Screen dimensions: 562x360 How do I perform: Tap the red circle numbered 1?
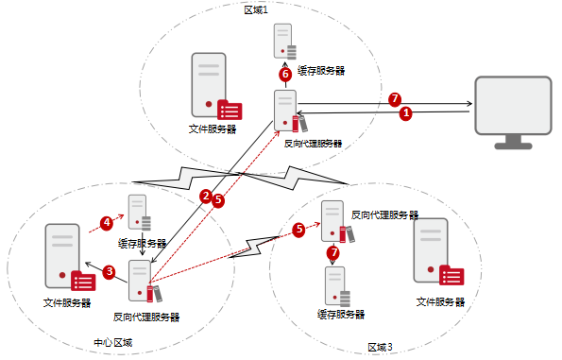click(406, 113)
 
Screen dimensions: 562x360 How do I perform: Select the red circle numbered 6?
click(285, 75)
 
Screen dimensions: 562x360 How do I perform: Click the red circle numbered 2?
click(206, 196)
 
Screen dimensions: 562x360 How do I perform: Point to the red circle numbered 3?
click(110, 272)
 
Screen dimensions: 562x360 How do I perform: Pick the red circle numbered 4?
click(107, 223)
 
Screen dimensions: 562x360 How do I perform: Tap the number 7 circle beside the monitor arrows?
click(395, 99)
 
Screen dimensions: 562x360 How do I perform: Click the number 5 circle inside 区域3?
click(298, 230)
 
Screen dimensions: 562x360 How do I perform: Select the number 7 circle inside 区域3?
click(333, 253)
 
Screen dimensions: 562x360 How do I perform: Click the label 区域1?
click(256, 10)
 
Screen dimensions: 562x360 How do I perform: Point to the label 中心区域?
click(113, 343)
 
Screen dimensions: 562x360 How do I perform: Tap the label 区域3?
click(381, 347)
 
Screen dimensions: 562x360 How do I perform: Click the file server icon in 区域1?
click(216, 86)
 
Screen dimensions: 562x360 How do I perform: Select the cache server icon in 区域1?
click(285, 42)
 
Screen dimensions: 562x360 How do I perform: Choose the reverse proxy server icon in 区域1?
click(290, 111)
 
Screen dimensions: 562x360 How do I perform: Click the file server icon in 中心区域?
click(70, 257)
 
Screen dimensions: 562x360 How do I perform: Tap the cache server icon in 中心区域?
click(140, 213)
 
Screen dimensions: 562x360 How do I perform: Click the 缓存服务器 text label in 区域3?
click(341, 315)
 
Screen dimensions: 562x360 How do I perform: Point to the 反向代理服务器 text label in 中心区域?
click(146, 317)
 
